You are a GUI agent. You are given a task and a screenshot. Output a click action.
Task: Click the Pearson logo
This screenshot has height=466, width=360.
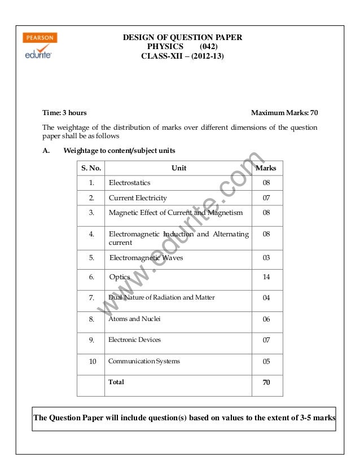(39, 38)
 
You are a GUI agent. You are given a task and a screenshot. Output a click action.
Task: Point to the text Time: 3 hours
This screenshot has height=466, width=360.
(65, 113)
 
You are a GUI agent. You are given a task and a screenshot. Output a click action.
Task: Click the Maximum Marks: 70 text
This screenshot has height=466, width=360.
(284, 113)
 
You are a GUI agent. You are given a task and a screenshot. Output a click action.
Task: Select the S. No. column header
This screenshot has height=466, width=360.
(90, 168)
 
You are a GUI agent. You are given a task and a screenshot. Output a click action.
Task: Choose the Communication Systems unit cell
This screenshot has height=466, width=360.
(144, 361)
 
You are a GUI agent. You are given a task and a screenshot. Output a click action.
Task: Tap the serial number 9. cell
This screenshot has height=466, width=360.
(90, 340)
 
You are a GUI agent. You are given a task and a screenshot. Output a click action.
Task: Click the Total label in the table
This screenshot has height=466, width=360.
(116, 382)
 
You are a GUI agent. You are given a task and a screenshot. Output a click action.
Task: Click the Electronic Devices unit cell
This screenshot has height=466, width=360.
(134, 340)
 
